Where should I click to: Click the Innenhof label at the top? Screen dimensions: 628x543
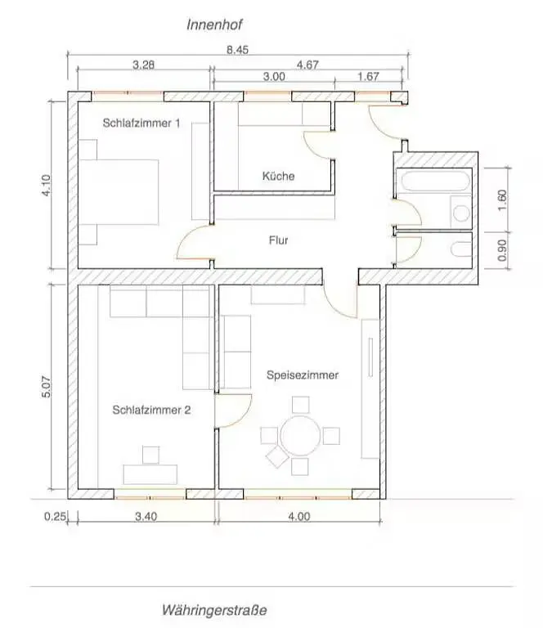pos(213,25)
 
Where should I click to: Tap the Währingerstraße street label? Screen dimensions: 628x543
pos(214,610)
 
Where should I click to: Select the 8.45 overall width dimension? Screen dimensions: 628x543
pos(237,49)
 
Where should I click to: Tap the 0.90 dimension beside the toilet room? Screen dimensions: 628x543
pos(502,249)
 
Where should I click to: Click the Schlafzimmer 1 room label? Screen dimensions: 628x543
pos(141,123)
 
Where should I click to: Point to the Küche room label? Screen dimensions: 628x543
pos(278,176)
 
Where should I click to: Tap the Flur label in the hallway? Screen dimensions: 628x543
pos(279,240)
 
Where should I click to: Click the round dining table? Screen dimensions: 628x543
pos(300,436)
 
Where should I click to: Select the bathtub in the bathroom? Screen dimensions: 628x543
pos(432,181)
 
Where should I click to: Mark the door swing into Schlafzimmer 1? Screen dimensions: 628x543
pos(193,246)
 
